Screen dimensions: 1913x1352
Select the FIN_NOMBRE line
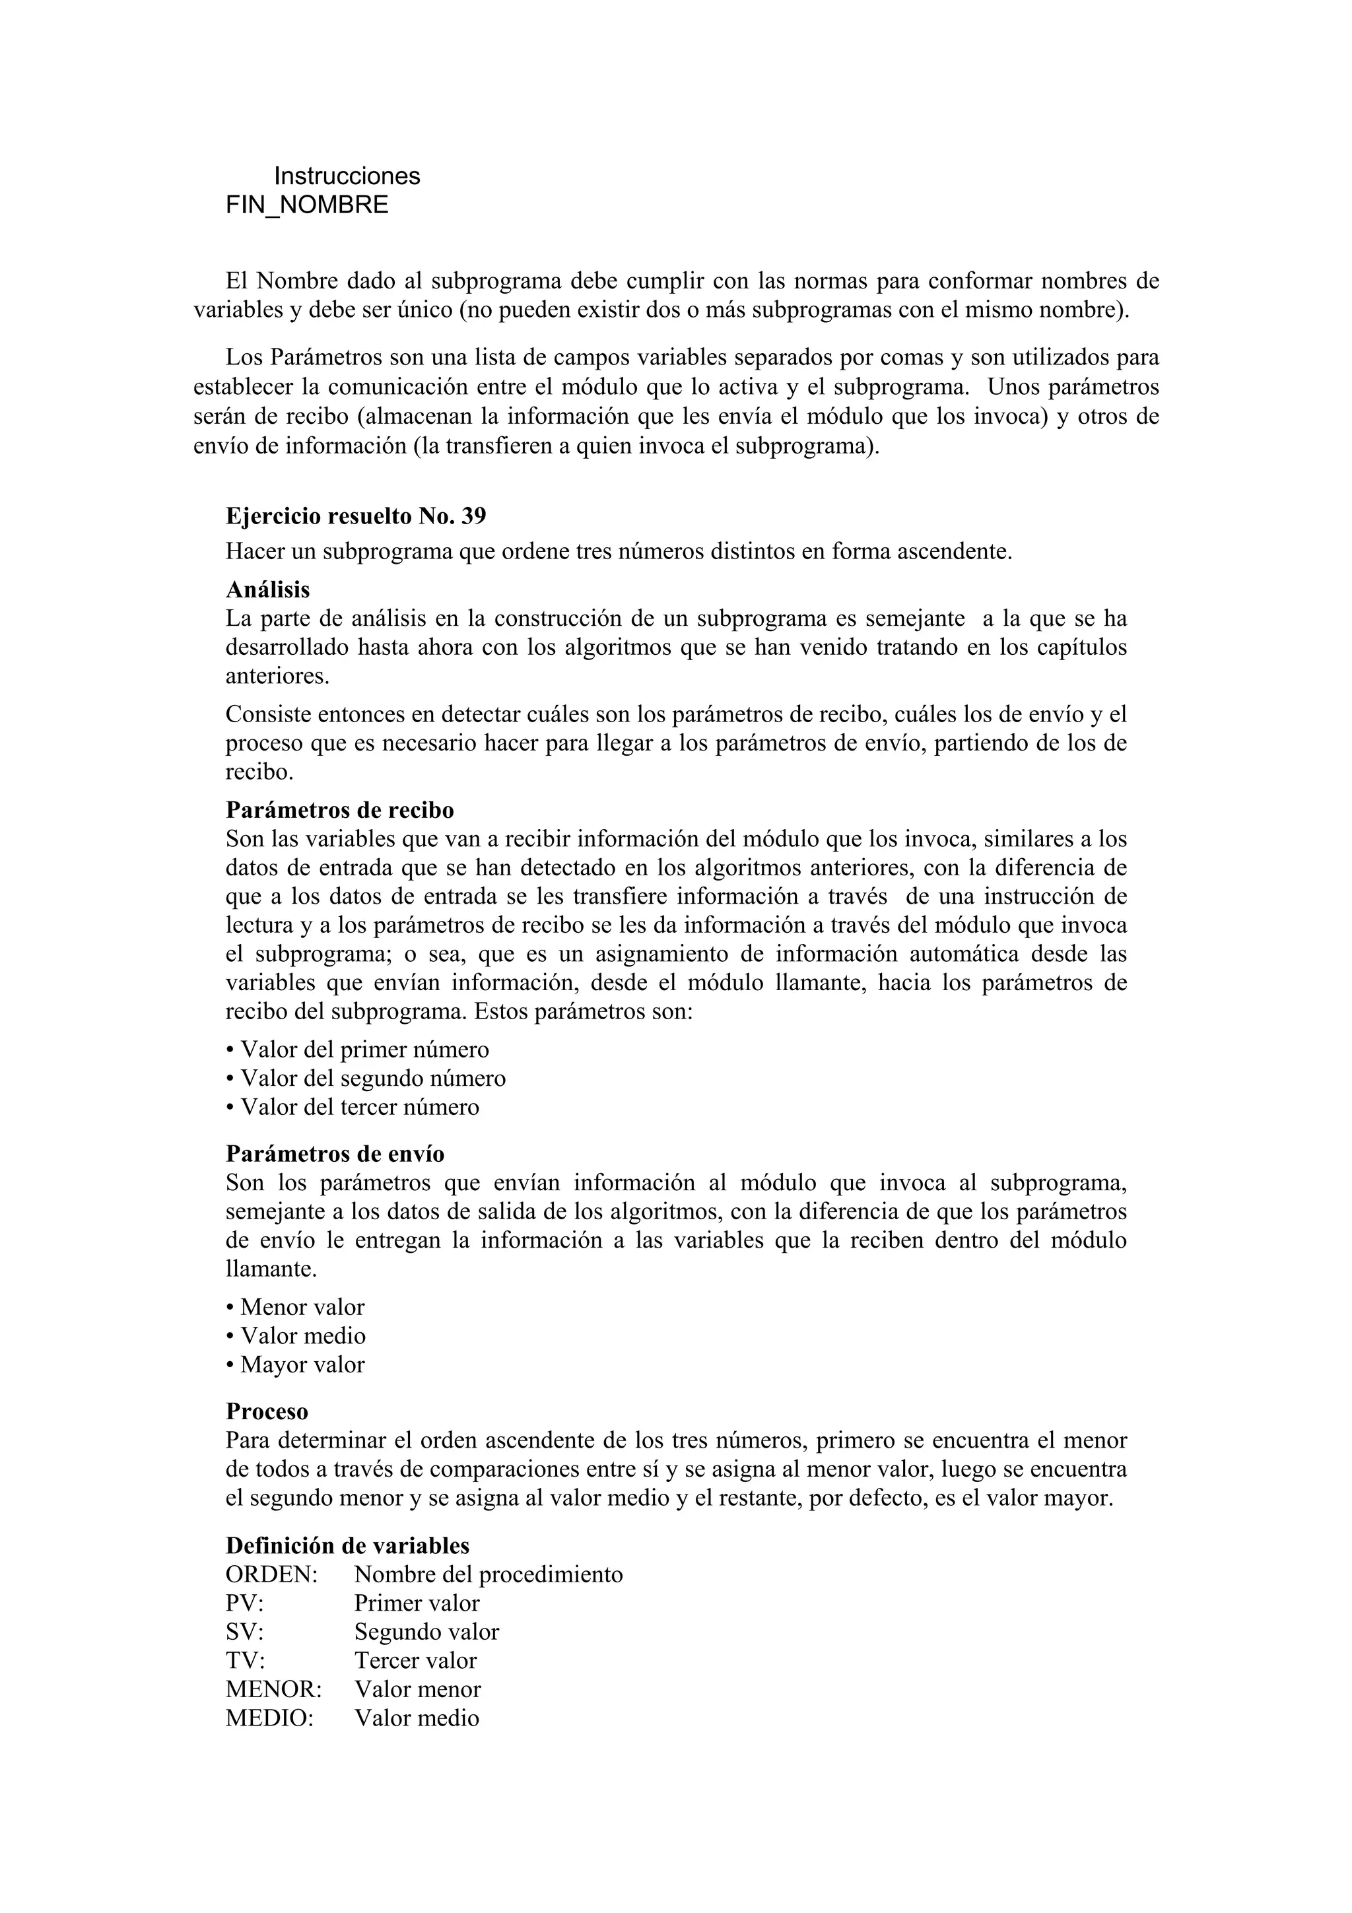[x=306, y=205]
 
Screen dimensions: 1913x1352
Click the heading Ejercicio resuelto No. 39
[x=356, y=517]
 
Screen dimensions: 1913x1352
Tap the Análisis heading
[x=267, y=590]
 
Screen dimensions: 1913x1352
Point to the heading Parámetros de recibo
[x=340, y=810]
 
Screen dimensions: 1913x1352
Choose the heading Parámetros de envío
[x=335, y=1154]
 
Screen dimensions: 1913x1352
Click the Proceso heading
[x=267, y=1411]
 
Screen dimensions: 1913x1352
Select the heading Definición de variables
[x=347, y=1545]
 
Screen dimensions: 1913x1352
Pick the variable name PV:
[x=245, y=1603]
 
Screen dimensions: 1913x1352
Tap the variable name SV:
[x=245, y=1632]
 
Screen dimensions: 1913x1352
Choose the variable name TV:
[x=245, y=1661]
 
